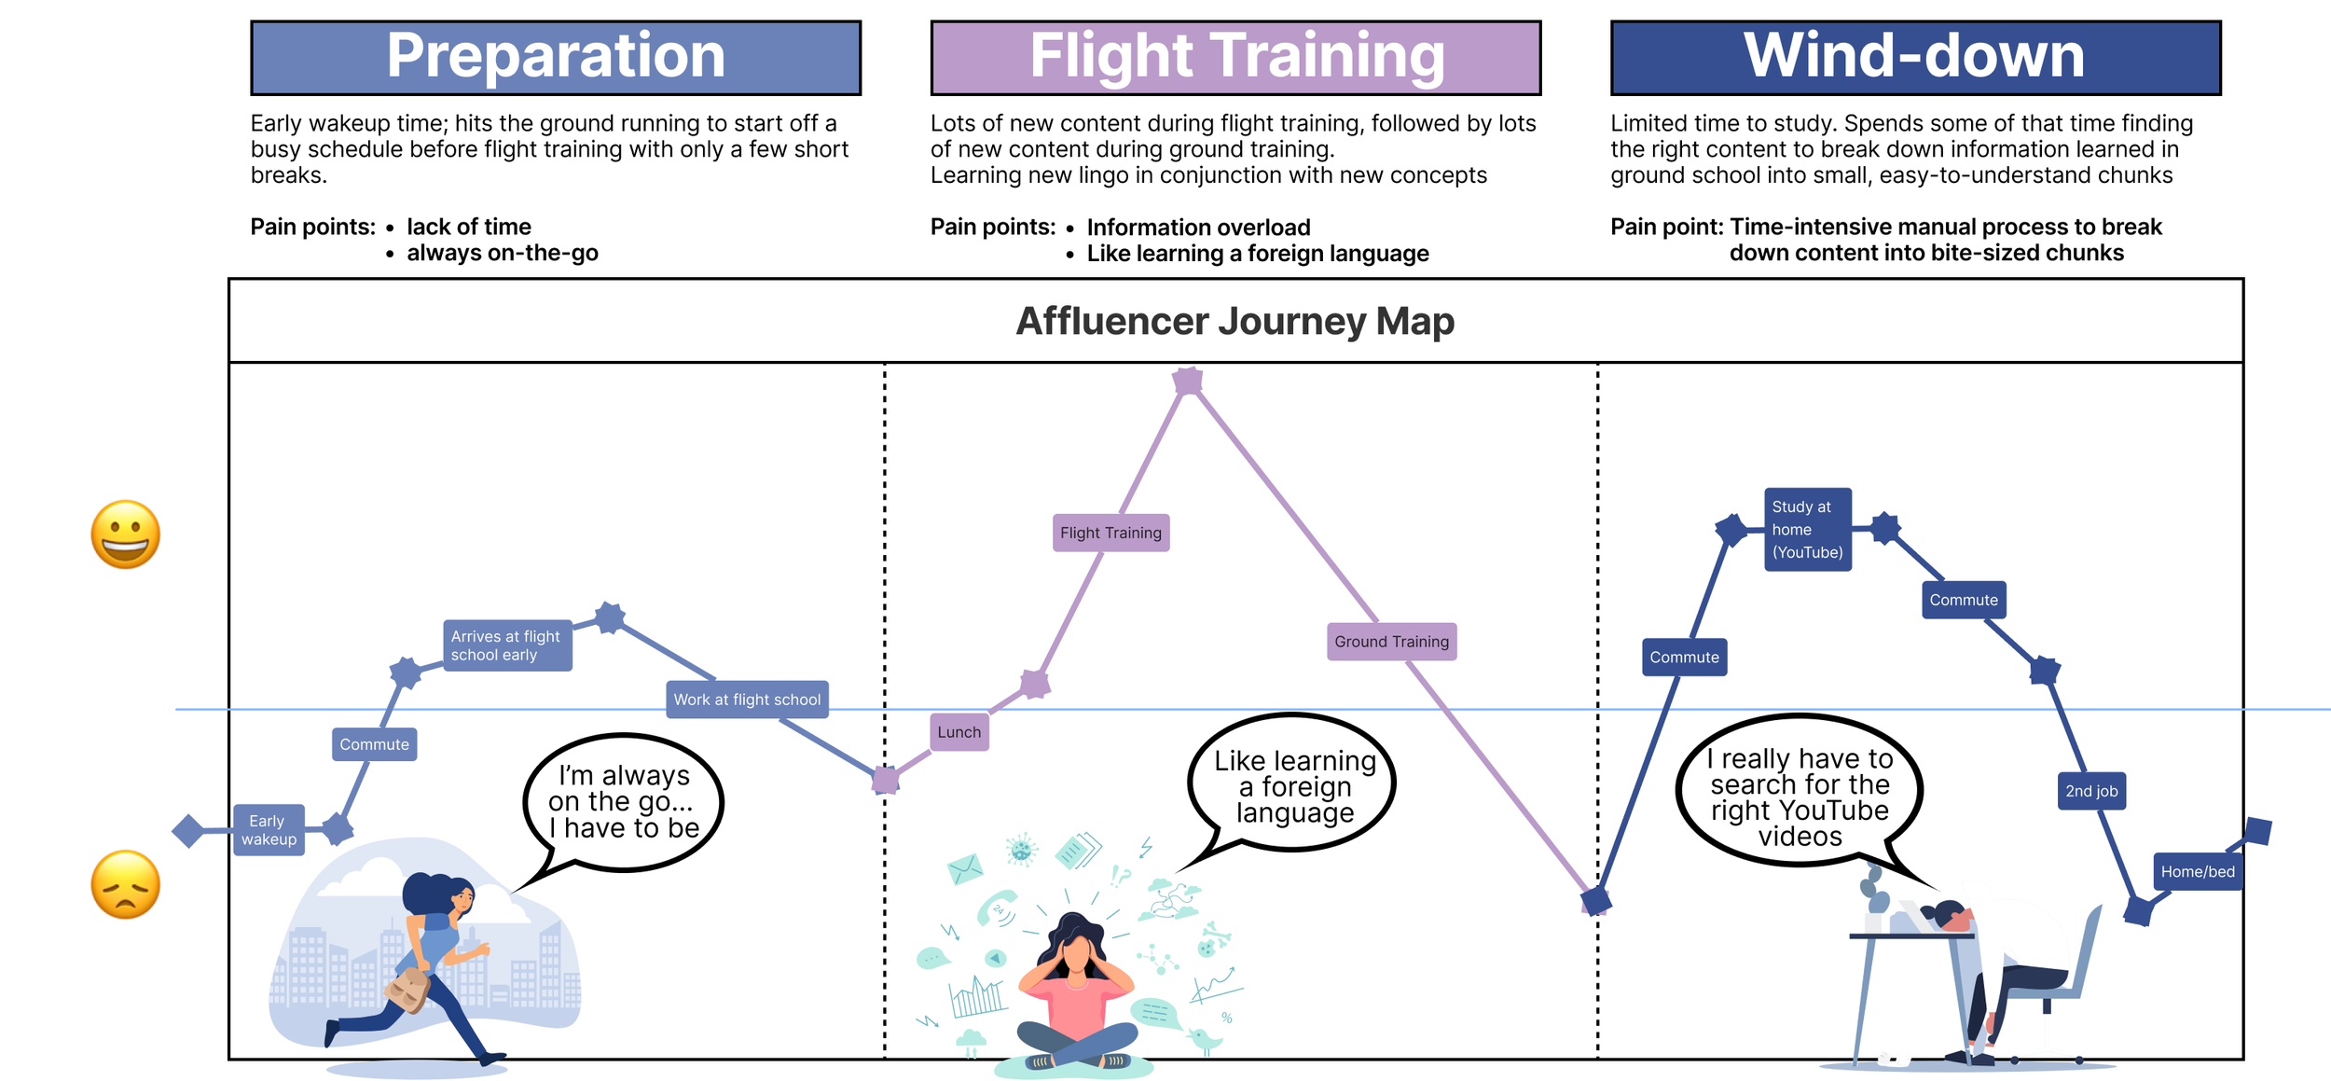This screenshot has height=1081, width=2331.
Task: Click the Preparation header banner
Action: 556,58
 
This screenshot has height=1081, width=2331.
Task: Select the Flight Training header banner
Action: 1235,58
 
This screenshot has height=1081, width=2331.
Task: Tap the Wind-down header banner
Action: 1915,58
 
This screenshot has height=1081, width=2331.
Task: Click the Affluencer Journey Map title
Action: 1234,321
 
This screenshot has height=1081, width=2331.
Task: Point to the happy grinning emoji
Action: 126,534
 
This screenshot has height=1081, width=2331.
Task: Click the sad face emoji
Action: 126,884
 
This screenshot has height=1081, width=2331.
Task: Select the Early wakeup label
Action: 269,829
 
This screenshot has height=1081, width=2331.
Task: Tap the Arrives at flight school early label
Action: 506,645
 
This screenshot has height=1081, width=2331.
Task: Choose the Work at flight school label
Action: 747,700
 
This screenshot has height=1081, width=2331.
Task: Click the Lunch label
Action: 959,732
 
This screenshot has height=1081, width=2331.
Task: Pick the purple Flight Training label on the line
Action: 1110,533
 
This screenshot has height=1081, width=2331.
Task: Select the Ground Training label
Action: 1391,642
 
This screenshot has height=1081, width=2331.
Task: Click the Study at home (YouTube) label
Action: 1807,529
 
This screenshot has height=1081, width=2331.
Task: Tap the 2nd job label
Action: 2091,791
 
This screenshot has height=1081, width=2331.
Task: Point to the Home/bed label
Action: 2198,871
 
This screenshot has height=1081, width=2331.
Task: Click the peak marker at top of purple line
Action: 1188,381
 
